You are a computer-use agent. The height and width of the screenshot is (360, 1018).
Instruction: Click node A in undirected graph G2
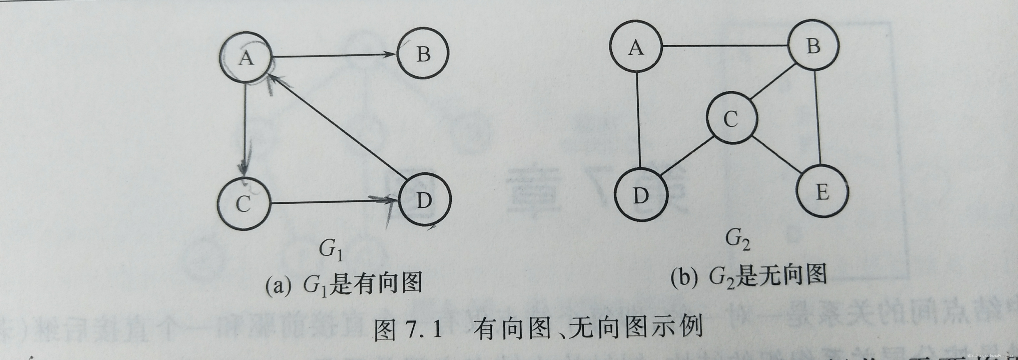click(x=636, y=47)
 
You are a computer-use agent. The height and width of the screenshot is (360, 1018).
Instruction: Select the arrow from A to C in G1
click(x=245, y=130)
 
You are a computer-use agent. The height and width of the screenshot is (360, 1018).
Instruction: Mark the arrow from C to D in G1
click(x=334, y=203)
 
